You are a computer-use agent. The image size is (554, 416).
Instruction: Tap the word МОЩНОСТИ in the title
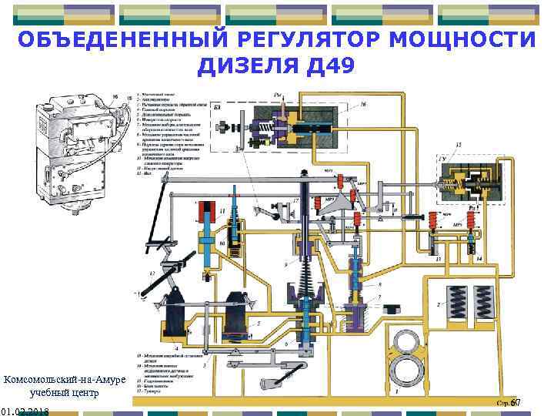470,39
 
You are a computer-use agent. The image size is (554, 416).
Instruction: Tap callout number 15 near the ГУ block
459,144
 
